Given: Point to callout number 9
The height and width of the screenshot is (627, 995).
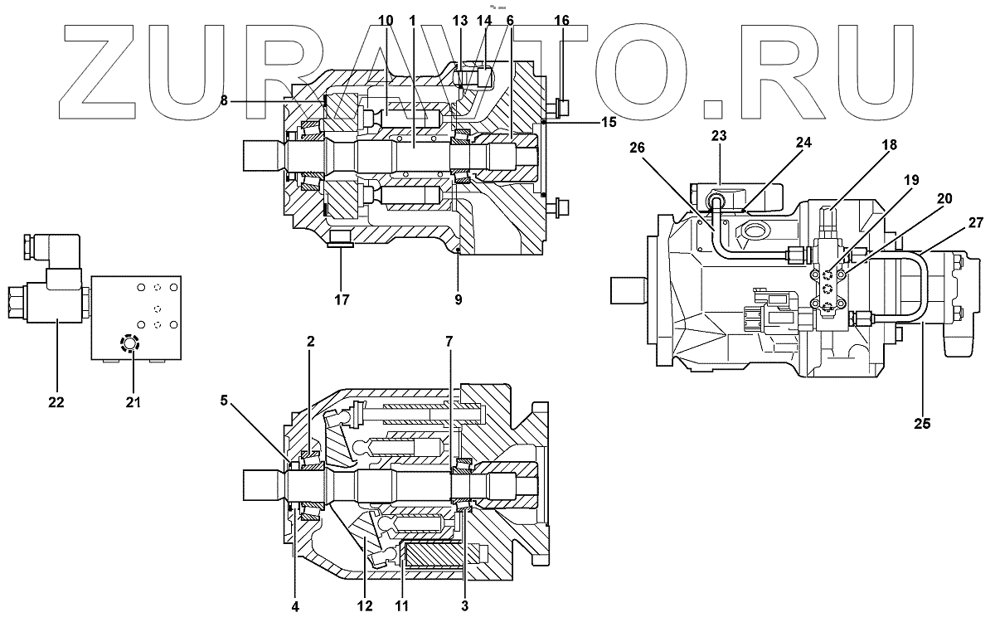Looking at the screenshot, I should pos(458,299).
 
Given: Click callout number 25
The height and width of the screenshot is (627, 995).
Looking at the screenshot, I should pos(923,423).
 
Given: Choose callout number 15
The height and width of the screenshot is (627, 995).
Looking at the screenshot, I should pos(609,121).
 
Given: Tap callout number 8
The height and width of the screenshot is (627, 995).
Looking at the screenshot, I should pos(224,100).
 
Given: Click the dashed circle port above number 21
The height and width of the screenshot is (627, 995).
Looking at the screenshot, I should pos(129,343).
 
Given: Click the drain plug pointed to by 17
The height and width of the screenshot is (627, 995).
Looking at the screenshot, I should pos(341,241).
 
